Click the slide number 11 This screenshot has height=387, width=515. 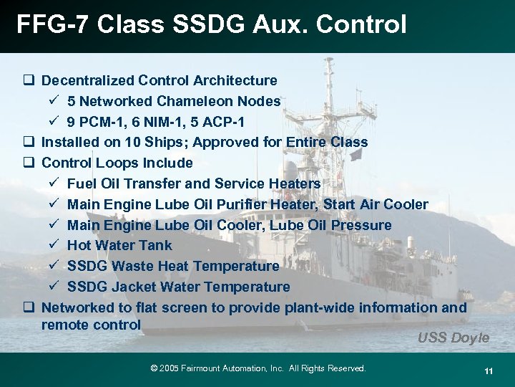coord(489,371)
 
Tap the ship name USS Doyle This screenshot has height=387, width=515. coord(453,338)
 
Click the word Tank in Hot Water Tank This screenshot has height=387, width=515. coord(155,245)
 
